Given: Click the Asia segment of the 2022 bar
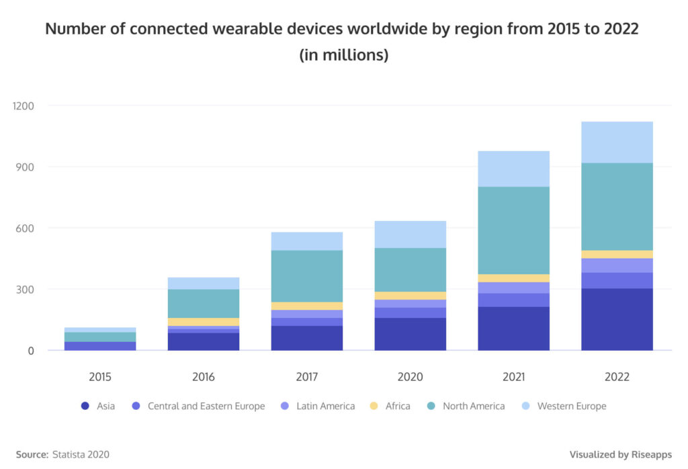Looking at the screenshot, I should tap(617, 319).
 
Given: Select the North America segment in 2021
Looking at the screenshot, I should tap(513, 230).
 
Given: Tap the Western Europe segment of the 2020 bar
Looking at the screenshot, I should tap(410, 234).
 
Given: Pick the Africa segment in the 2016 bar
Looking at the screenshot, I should tap(204, 322).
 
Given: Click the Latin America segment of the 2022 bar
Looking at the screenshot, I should tap(617, 265).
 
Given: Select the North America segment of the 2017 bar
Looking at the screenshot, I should tap(307, 275).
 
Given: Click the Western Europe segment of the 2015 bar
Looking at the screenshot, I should tap(100, 330).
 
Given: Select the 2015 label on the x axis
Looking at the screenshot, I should tap(100, 377).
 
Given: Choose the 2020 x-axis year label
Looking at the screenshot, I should tap(410, 377).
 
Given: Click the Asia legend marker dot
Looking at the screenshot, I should tap(85, 406).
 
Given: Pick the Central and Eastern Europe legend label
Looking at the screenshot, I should tap(206, 406).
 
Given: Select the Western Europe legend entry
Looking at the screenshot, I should tap(571, 406).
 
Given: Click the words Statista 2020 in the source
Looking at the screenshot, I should tap(81, 454).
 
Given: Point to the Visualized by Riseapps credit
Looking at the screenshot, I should tap(620, 454).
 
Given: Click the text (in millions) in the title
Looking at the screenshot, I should tap(343, 55).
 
